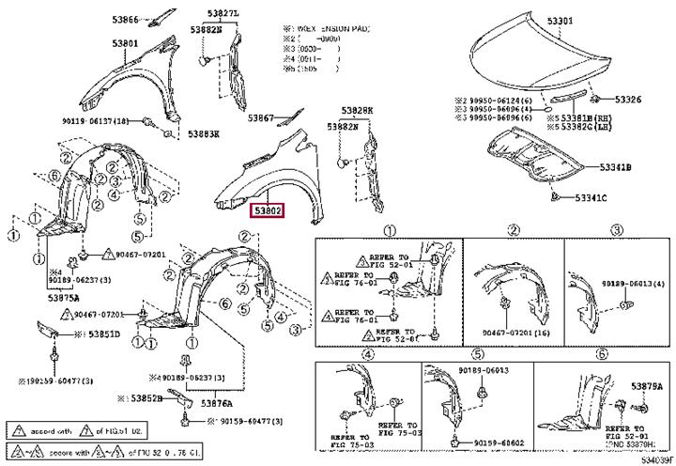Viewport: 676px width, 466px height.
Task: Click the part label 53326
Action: [x=628, y=100]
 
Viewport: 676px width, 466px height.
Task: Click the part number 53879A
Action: [x=646, y=387]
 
